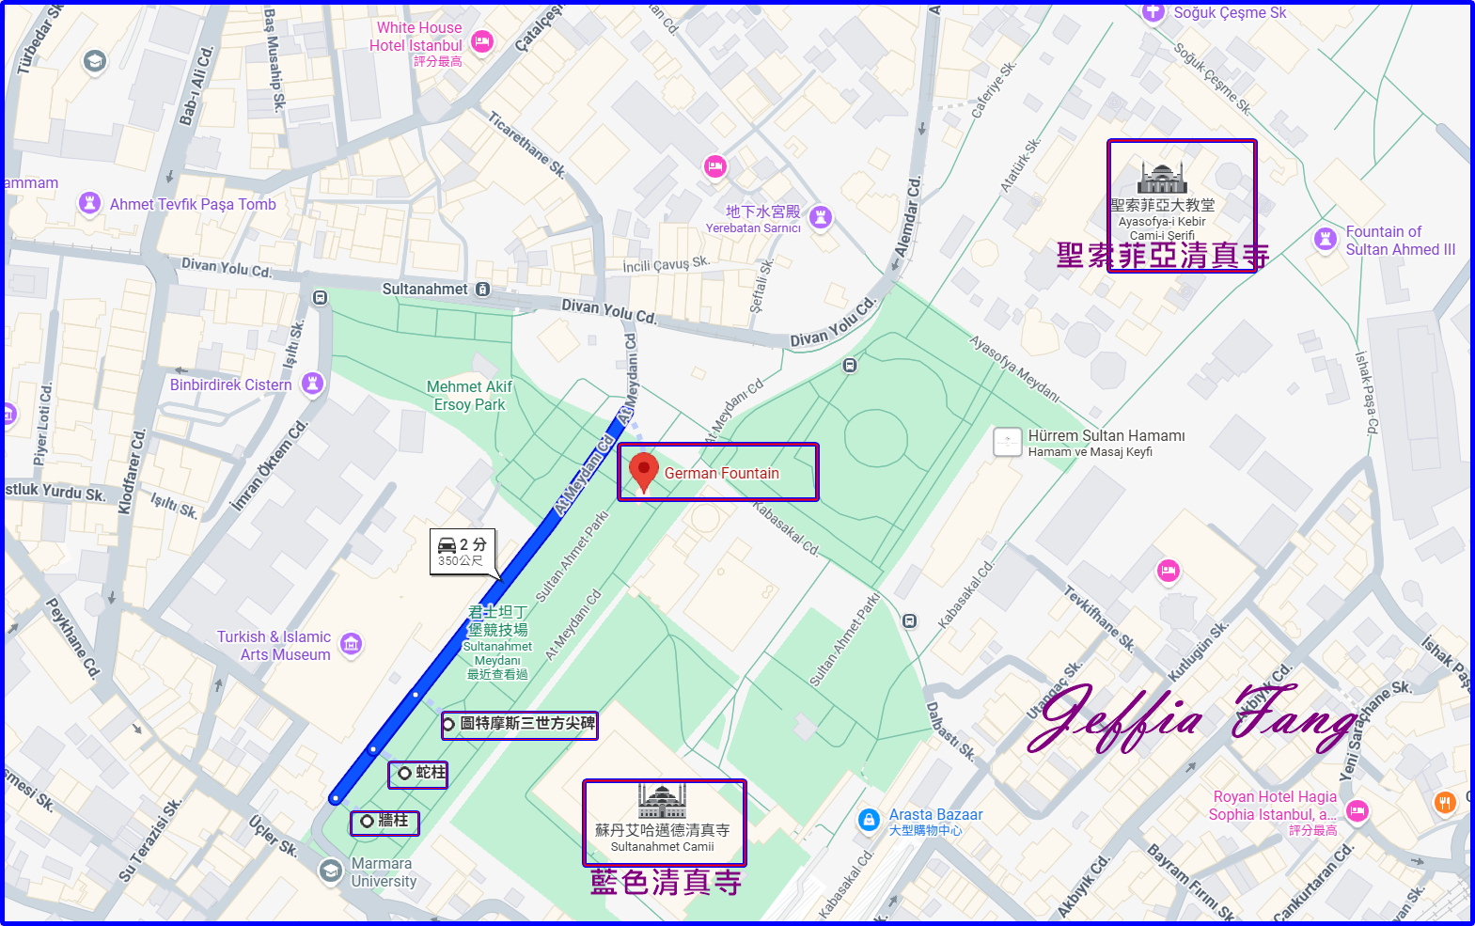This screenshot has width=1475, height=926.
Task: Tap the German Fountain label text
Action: click(x=721, y=474)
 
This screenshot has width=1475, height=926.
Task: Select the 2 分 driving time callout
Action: click(x=463, y=552)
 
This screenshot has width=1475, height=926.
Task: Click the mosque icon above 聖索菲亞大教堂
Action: click(x=1163, y=178)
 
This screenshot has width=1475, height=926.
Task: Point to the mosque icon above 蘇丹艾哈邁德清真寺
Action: click(x=663, y=801)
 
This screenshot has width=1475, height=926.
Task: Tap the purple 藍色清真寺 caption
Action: click(x=666, y=882)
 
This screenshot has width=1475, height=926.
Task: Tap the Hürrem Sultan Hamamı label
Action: click(x=1106, y=436)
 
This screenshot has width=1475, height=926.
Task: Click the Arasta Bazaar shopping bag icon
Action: click(x=869, y=820)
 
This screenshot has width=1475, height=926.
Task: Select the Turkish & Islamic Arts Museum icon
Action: click(x=352, y=644)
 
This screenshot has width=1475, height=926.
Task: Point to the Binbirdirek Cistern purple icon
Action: click(x=313, y=384)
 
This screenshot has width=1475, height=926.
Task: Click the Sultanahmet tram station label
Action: click(x=425, y=290)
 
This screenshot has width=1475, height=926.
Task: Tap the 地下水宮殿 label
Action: click(x=762, y=212)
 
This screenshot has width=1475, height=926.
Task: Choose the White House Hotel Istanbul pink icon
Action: click(x=482, y=41)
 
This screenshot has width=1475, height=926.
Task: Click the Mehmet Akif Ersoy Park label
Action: click(x=469, y=396)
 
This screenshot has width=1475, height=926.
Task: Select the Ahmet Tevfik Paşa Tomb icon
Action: click(x=89, y=203)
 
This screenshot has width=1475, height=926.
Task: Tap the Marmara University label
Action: click(x=384, y=872)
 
